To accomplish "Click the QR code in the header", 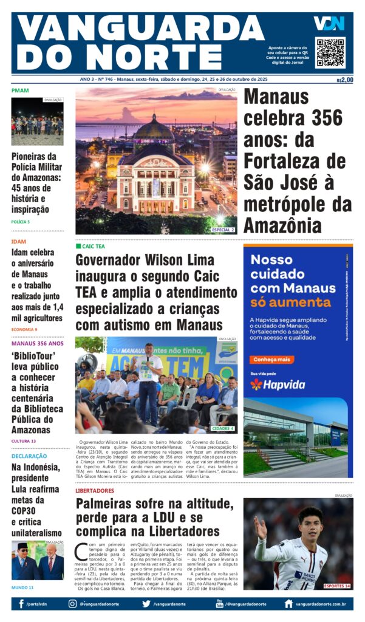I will click(x=330, y=52).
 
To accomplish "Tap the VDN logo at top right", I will click(x=329, y=24).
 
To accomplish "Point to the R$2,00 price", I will click(x=344, y=80).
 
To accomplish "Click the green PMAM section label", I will click(x=19, y=91).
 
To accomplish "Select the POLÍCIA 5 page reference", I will click(x=20, y=222).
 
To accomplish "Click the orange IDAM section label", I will click(x=18, y=241).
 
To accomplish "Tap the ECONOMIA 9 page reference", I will click(x=24, y=329).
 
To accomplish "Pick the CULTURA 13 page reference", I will click(x=23, y=440).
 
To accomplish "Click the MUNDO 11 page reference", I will click(x=22, y=587).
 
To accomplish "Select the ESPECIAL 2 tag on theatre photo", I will click(x=223, y=230).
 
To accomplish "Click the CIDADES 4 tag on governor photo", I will click(x=223, y=428).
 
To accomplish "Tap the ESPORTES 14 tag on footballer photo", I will click(x=337, y=586).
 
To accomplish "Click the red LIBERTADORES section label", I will click(x=95, y=490).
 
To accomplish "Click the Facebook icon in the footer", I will click(x=21, y=604).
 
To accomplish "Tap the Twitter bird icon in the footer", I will click(x=146, y=604).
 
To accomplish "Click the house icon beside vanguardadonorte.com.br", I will click(x=288, y=604).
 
